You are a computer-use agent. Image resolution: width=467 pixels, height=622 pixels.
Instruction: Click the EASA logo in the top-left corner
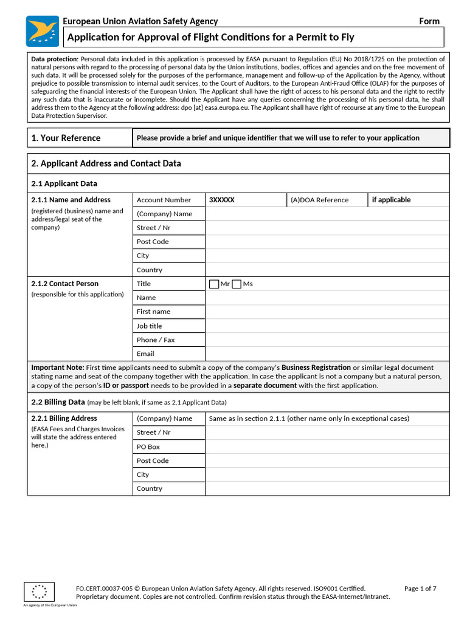[x=43, y=31]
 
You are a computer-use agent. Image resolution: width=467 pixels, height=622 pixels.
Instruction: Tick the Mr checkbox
[x=214, y=284]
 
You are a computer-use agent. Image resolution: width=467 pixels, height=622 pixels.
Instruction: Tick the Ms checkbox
[x=237, y=284]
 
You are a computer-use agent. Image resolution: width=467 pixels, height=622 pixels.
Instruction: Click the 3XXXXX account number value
[x=221, y=200]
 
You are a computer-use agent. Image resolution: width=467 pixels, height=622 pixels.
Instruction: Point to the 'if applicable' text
[x=391, y=200]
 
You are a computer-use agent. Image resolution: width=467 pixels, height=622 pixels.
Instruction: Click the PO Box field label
[x=148, y=446]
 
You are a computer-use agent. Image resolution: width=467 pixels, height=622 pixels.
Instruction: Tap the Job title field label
[x=149, y=326]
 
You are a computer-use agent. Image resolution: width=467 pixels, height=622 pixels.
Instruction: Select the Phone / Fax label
[x=155, y=340]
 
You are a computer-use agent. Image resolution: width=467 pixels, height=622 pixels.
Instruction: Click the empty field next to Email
[x=327, y=354]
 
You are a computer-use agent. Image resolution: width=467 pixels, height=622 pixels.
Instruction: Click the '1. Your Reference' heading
[x=66, y=138]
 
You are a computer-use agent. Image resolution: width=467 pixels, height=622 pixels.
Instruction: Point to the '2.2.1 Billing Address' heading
[x=64, y=419]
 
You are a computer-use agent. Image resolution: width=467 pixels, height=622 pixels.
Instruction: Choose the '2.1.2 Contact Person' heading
[x=64, y=284]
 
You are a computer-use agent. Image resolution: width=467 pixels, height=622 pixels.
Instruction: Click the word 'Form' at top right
[x=429, y=21]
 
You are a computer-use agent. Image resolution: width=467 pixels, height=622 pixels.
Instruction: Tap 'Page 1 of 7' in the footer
[x=420, y=588]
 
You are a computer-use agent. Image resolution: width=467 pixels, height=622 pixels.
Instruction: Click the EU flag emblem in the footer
[x=40, y=592]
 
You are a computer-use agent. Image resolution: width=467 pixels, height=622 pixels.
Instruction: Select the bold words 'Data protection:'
[x=55, y=59]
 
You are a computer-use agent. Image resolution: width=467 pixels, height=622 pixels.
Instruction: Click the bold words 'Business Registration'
[x=316, y=367]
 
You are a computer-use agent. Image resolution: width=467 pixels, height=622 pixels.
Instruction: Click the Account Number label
[x=164, y=200]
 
